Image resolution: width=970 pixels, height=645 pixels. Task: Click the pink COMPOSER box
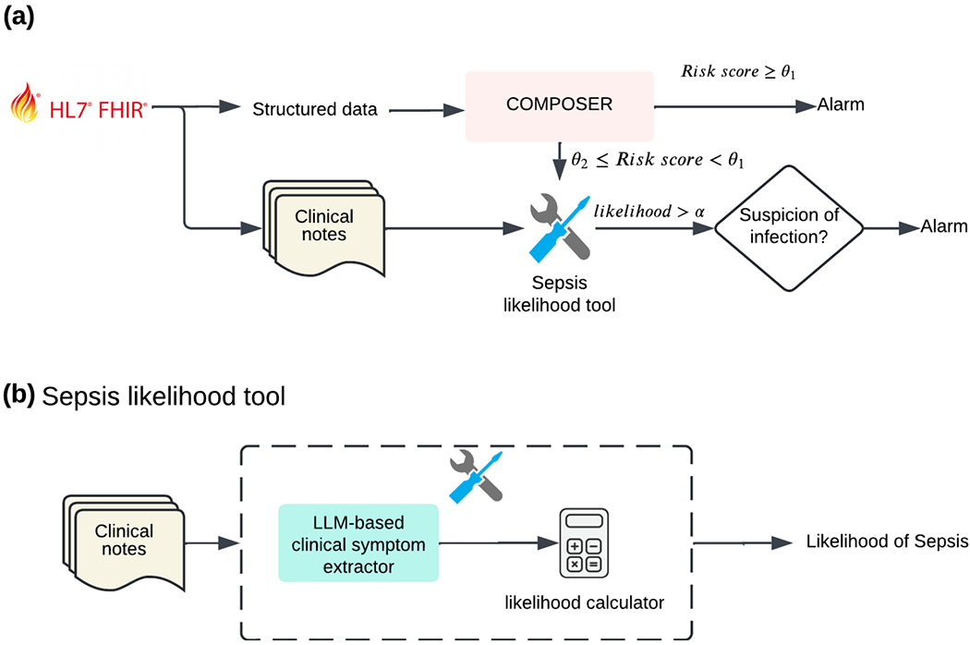pyautogui.click(x=559, y=105)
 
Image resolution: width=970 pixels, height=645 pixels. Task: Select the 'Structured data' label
pyautogui.click(x=315, y=109)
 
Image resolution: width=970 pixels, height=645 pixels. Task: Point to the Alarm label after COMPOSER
pyautogui.click(x=841, y=104)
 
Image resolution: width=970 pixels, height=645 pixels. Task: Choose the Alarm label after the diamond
pyautogui.click(x=944, y=225)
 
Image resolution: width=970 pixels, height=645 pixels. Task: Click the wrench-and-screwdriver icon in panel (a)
pyautogui.click(x=558, y=227)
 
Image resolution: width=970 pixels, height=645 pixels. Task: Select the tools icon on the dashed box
pyautogui.click(x=477, y=477)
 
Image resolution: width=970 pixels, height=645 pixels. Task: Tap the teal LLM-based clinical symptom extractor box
pyautogui.click(x=358, y=542)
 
